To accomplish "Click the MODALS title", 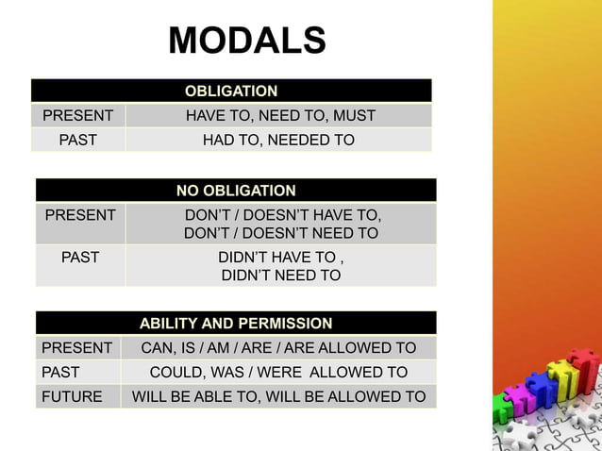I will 247,41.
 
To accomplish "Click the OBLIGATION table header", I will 231,92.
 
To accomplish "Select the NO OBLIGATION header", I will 236,191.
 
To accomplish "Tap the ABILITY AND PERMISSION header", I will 236,323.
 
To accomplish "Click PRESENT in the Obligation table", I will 78,116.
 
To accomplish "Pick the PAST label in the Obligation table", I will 78,141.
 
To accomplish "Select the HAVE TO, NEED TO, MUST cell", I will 280,116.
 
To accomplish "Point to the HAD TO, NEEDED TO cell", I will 279,141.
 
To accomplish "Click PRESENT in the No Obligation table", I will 81,215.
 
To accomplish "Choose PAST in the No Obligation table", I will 80,256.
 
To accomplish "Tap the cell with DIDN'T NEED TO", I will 281,266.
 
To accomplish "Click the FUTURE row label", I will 72,396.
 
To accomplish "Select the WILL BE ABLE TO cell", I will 278,396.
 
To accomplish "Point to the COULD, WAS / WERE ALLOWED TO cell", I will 278,372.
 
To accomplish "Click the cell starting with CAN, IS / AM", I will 278,347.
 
